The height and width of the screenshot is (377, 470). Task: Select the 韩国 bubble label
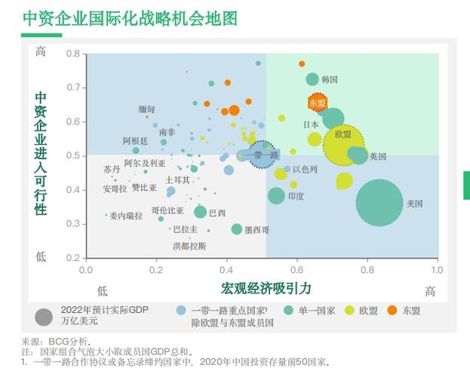point(330,79)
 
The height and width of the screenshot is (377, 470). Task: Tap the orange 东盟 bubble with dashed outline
point(318,103)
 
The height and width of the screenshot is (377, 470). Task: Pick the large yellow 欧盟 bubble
point(343,143)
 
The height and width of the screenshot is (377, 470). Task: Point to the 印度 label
point(296,196)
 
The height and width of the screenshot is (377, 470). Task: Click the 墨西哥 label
point(257,230)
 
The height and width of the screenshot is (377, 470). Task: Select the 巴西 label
point(217,213)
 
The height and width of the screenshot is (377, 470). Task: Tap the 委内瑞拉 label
point(126,216)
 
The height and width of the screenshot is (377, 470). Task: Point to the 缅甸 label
point(146,109)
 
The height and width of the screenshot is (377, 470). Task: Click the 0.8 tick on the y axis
point(72,54)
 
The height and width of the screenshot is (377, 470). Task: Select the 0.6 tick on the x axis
point(296,270)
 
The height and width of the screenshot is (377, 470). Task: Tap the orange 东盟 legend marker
point(392,310)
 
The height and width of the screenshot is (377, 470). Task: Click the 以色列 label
point(305,170)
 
